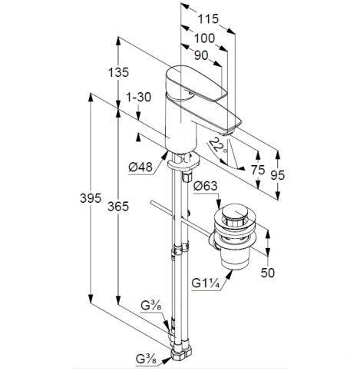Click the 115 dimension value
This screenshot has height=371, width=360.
(x=208, y=19)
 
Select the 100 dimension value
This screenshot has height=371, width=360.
(x=204, y=39)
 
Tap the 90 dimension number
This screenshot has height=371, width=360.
(x=201, y=55)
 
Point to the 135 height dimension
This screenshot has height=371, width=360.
(x=118, y=72)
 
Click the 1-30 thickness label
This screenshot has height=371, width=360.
(x=138, y=98)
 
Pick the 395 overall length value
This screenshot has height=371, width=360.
(x=91, y=198)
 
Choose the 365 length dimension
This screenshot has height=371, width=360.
(x=118, y=207)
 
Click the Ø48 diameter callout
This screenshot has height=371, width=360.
(x=140, y=167)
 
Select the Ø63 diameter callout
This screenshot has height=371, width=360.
(x=205, y=186)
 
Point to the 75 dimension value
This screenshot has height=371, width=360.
(x=257, y=170)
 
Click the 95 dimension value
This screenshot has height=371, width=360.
(x=278, y=175)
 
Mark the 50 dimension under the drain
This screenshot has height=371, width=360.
(x=268, y=273)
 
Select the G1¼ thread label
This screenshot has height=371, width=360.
(x=206, y=283)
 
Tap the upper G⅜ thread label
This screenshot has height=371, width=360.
(x=151, y=306)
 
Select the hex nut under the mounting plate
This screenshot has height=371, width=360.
(x=187, y=177)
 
